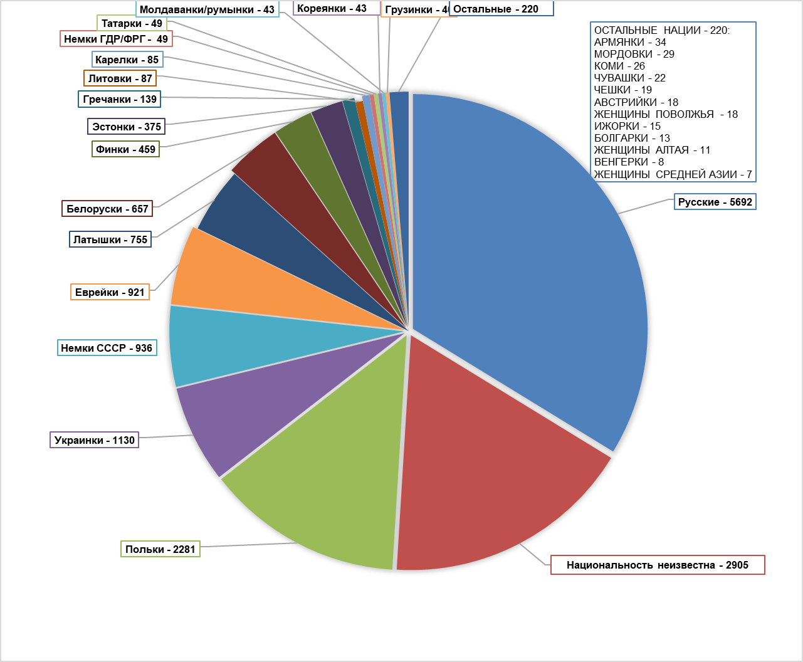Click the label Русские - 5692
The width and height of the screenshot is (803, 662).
[x=715, y=202]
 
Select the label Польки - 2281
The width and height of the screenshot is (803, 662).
[x=160, y=549]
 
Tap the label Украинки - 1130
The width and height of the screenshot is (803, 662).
[x=94, y=440]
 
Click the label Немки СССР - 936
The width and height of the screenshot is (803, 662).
[x=106, y=348]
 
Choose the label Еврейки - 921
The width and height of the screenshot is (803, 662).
[x=110, y=292]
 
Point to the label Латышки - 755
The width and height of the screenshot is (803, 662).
[x=110, y=239]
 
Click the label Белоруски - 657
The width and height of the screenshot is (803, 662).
[x=107, y=209]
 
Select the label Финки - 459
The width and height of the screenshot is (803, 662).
[x=125, y=149]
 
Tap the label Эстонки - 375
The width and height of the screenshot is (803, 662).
[x=126, y=127]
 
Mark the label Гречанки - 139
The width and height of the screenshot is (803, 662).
[x=119, y=99]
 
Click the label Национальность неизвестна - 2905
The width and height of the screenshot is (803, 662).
[x=658, y=565]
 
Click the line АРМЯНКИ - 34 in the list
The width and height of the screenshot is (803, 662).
[x=630, y=42]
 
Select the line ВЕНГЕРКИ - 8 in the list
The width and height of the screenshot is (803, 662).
[x=629, y=162]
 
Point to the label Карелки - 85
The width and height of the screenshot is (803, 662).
[x=127, y=60]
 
